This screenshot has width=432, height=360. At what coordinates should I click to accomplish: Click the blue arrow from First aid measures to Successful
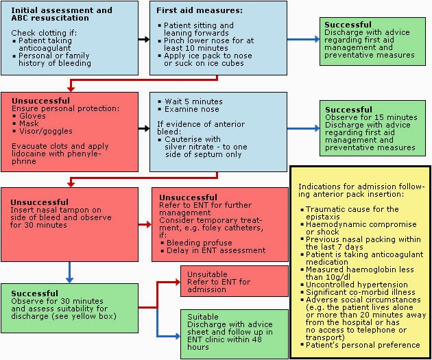[302, 39]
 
